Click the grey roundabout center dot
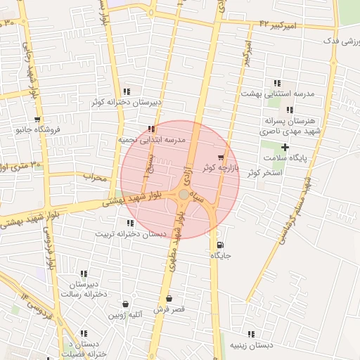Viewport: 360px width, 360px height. click(x=184, y=194)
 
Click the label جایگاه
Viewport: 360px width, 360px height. click(x=221, y=256)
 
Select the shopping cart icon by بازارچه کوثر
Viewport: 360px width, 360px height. click(x=221, y=157)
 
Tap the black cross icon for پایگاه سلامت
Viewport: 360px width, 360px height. click(x=285, y=147)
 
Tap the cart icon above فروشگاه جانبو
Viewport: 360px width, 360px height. click(x=37, y=120)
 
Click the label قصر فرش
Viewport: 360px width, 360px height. click(x=169, y=309)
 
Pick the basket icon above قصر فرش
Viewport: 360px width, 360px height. click(x=169, y=299)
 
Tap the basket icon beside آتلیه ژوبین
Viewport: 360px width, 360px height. click(x=125, y=304)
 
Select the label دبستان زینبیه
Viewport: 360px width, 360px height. click(x=251, y=345)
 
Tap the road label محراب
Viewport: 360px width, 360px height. click(x=94, y=176)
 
